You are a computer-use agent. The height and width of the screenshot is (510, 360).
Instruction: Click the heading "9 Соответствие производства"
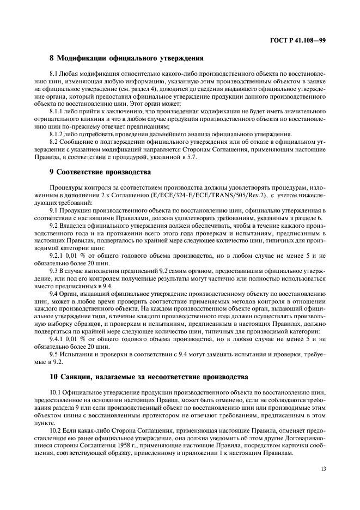coord(100,173)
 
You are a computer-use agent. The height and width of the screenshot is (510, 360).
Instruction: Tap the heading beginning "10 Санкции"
coord(148,376)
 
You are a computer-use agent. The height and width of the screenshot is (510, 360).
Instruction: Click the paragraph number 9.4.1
coord(58,339)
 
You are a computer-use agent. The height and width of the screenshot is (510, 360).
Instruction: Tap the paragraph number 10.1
coord(57,392)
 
